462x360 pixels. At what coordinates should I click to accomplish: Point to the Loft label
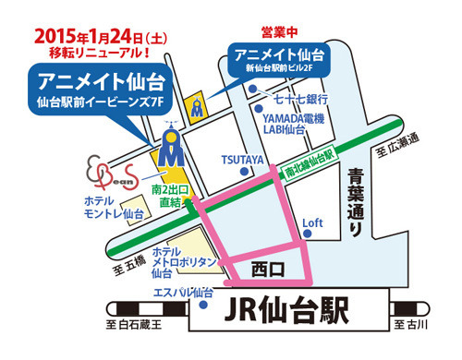[x=310, y=222]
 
